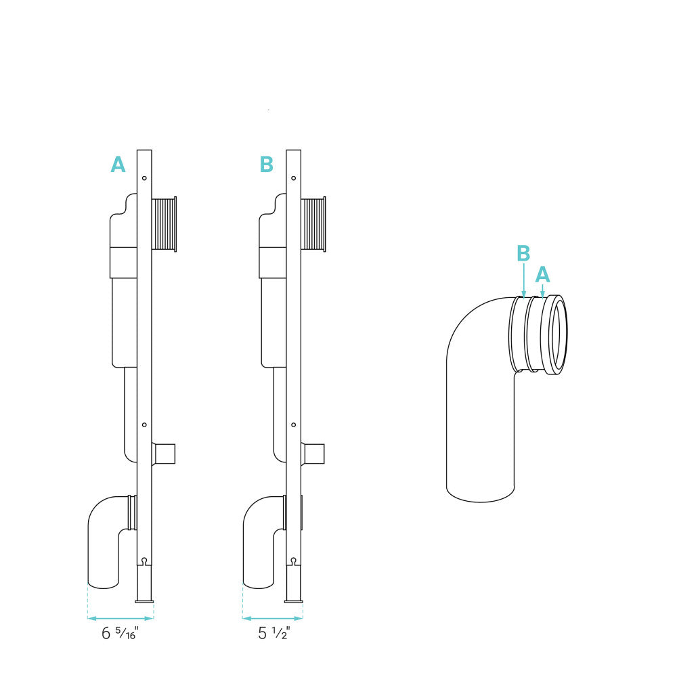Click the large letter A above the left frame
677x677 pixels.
click(x=118, y=165)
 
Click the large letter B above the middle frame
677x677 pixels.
click(x=267, y=165)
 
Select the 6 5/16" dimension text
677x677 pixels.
click(x=121, y=634)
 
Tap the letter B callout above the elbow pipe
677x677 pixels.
click(x=523, y=253)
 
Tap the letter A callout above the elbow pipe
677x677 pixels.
click(x=542, y=274)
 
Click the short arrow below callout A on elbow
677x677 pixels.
click(x=542, y=290)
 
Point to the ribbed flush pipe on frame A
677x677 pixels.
click(x=164, y=224)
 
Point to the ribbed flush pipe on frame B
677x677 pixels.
click(x=313, y=224)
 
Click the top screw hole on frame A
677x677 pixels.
click(x=145, y=178)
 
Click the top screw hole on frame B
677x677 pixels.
click(x=293, y=178)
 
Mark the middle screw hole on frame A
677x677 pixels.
click(x=145, y=425)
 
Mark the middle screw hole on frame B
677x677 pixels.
click(x=293, y=425)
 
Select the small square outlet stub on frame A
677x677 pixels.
click(x=165, y=454)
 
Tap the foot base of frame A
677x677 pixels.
click(x=145, y=599)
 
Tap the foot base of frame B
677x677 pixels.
click(x=293, y=599)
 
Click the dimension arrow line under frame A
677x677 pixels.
click(x=121, y=618)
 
